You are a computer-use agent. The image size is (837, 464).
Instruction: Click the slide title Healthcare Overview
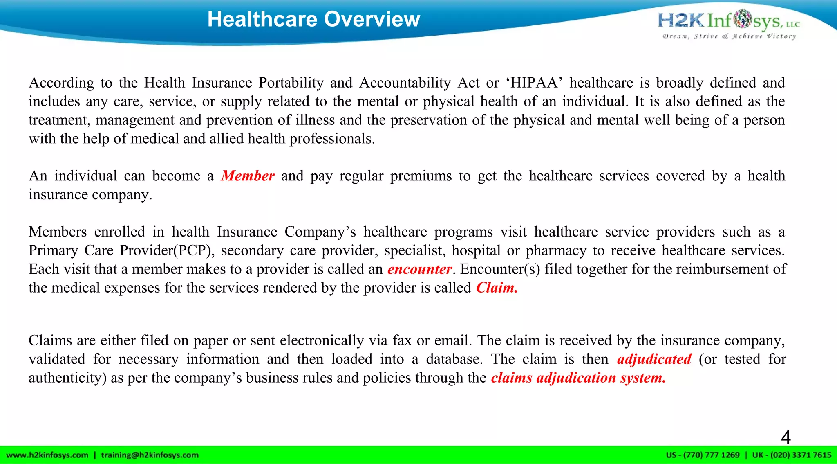point(313,19)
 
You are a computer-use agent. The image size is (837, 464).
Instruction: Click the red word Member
point(248,176)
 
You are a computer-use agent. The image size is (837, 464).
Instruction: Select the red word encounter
point(419,269)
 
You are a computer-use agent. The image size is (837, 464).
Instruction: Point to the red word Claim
point(497,288)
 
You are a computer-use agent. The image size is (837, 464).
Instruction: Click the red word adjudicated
point(654,359)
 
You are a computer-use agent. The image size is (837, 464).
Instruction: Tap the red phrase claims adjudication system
point(578,378)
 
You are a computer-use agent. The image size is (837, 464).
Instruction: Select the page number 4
point(786,437)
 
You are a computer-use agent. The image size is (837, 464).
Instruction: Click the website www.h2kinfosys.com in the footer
point(47,455)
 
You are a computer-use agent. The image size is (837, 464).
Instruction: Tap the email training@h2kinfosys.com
point(150,455)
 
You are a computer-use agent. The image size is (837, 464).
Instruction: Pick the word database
point(454,359)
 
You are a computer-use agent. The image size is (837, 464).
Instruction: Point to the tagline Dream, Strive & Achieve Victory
point(729,36)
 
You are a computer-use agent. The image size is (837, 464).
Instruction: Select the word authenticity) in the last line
point(67,378)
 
